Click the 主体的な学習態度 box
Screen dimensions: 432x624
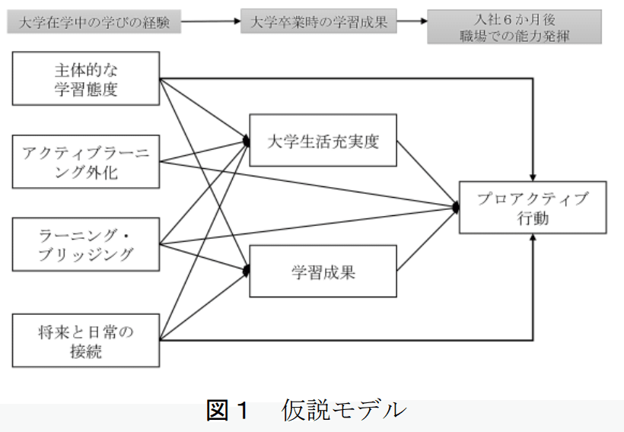(x=85, y=79)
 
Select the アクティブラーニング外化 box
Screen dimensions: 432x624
(x=85, y=162)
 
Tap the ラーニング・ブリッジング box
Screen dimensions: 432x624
(x=85, y=243)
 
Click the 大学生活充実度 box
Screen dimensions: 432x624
(x=323, y=141)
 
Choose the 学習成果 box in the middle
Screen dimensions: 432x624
(x=323, y=271)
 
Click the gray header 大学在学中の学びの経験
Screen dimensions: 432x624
(x=94, y=22)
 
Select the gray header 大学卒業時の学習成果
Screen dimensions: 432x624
(x=319, y=22)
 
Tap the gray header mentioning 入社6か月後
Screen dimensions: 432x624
(x=514, y=26)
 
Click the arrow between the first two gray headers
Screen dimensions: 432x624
(x=211, y=22)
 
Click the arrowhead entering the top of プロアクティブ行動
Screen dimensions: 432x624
(x=536, y=176)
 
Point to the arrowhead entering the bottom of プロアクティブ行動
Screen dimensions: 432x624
(x=536, y=238)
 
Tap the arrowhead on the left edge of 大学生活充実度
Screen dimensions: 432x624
(x=246, y=141)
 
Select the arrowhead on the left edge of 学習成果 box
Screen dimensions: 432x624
(x=246, y=270)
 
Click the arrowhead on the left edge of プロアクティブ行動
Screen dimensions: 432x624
(x=455, y=206)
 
